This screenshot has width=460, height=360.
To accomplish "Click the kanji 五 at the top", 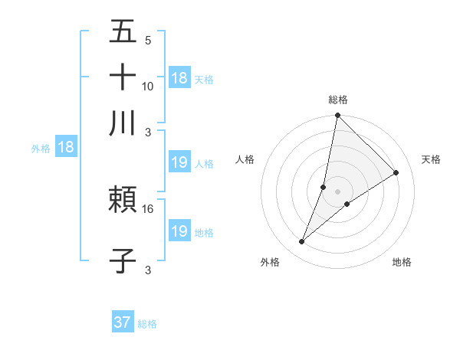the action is [123, 32].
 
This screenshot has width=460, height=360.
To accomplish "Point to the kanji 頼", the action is [123, 201].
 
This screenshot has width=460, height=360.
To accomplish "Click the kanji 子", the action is [123, 260].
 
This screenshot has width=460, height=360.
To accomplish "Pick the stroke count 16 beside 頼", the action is [148, 208].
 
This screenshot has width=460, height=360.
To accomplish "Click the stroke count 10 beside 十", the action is [148, 86].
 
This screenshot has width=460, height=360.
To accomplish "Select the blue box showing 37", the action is [123, 322].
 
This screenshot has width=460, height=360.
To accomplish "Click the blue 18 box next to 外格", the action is [66, 148].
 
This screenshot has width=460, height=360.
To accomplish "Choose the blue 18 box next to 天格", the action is [179, 77].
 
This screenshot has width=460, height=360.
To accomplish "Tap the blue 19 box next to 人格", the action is [179, 162].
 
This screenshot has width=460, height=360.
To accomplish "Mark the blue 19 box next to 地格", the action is [179, 231].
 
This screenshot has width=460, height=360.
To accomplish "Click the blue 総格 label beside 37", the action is [147, 323].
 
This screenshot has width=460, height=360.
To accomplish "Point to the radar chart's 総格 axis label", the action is [338, 100].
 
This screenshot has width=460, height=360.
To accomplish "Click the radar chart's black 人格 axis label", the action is [245, 159].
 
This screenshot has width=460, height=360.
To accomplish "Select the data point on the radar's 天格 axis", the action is [396, 173].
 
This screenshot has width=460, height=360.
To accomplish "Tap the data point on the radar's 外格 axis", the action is [302, 242].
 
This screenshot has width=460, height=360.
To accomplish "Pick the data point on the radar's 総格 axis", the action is [338, 116].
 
